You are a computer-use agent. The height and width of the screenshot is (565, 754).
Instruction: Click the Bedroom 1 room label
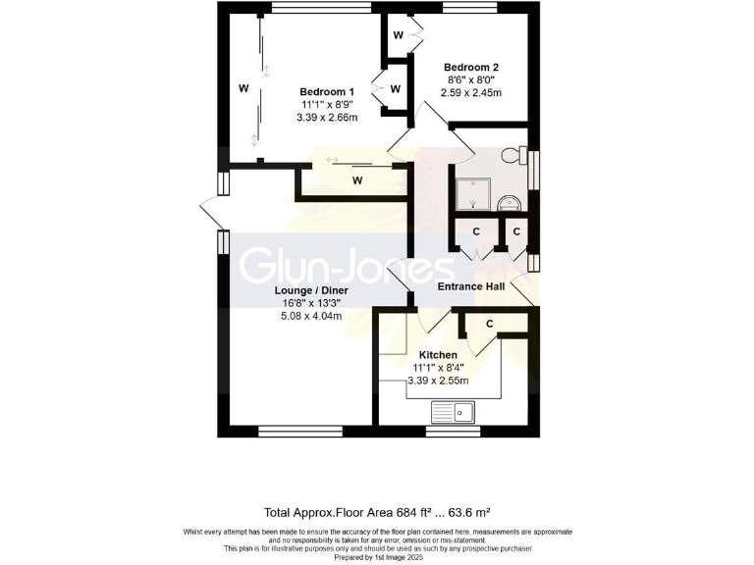pos(327,90)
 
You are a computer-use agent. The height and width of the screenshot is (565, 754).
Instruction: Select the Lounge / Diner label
pos(311,290)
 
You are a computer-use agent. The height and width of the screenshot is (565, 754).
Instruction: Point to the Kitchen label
pos(438,354)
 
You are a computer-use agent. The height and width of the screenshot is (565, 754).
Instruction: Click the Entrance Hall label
pos(471,287)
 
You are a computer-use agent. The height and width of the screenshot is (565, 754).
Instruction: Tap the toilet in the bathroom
pos(512,157)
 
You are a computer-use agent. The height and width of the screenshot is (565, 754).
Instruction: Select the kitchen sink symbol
pos(454,411)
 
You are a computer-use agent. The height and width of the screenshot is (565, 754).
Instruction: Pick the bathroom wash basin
pos(511,203)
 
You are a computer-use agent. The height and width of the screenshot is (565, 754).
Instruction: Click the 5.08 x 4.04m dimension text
pos(311,317)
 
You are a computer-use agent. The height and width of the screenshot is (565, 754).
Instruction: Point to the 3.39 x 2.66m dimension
pos(327,117)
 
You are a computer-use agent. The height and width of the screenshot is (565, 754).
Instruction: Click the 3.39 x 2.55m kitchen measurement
pos(438,380)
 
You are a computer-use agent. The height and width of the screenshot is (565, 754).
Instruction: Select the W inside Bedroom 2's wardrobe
pos(398,35)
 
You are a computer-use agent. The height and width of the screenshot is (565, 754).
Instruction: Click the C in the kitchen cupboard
pos(488,324)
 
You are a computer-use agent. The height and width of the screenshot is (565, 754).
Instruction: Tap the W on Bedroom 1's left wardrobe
pos(242,88)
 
